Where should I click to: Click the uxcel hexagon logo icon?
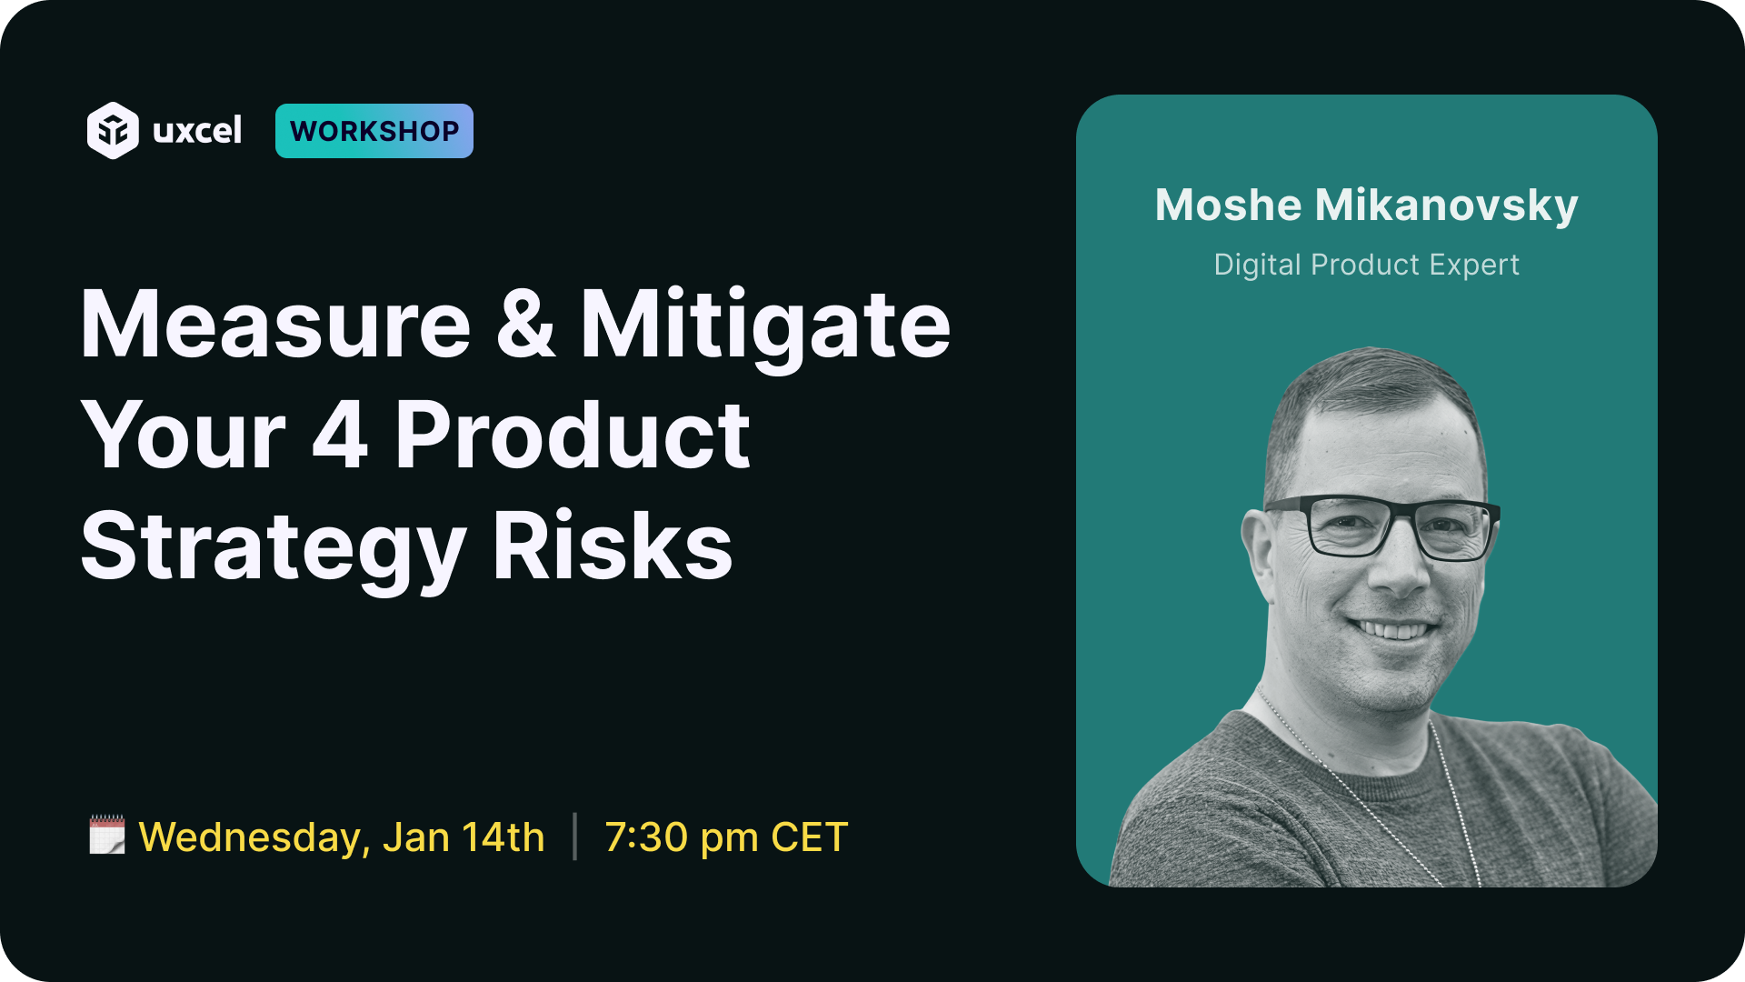click(113, 131)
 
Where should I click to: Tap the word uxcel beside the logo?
click(197, 131)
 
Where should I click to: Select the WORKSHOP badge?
click(374, 131)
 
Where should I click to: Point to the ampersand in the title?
click(526, 325)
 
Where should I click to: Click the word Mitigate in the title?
click(765, 328)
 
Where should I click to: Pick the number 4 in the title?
click(340, 436)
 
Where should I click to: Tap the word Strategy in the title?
click(274, 549)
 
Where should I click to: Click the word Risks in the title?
click(613, 545)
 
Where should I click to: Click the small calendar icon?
click(107, 835)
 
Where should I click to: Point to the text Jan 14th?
click(464, 837)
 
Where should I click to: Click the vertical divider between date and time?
click(575, 837)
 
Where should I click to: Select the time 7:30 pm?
click(682, 837)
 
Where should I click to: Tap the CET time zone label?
click(809, 837)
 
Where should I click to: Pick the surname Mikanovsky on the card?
click(1447, 206)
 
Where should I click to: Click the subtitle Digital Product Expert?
click(1367, 265)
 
